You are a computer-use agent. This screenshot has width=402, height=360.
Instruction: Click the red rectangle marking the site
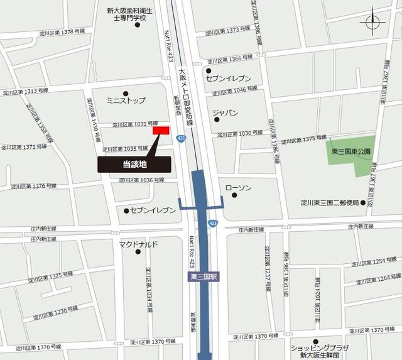tap(161, 130)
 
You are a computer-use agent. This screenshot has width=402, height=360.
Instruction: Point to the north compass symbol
tap(372, 23)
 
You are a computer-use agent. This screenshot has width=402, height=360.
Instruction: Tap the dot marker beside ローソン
tap(234, 195)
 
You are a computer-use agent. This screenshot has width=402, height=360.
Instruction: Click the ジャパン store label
tap(225, 113)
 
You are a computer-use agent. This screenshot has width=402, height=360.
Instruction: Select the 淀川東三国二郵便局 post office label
tap(329, 203)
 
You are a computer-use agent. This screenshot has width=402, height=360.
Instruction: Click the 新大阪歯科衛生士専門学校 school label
tap(134, 14)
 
